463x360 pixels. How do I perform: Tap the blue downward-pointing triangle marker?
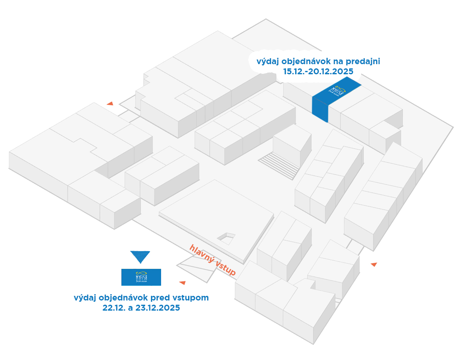pos(140,257)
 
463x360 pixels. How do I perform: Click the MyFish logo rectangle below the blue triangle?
pos(141,277)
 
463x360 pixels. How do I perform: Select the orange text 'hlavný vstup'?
pos(213,260)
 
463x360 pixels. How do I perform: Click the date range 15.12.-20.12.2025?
pos(318,71)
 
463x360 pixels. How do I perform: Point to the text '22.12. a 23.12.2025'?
pos(141,308)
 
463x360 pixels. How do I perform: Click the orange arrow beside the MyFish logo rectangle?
pos(183,282)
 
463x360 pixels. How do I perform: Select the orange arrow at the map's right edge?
pos(374,264)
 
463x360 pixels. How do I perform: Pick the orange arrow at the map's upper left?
pos(110,103)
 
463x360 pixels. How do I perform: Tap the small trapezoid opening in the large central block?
pos(226,237)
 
